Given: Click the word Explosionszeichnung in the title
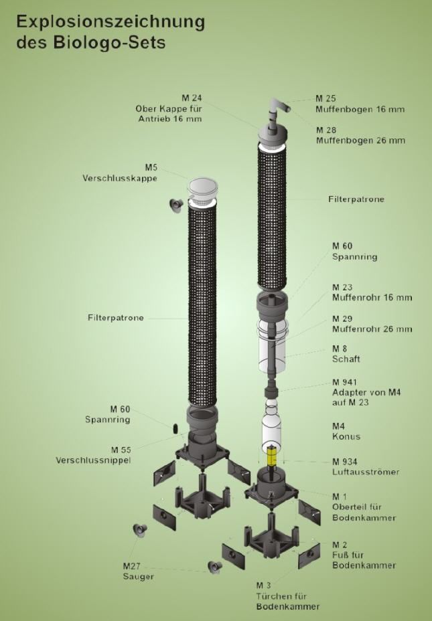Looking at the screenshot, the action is [x=111, y=23].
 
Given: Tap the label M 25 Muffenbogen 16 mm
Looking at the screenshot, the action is [x=360, y=104].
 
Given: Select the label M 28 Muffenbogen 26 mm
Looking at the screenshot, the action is [x=360, y=135].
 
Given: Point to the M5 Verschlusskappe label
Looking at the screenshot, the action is [x=120, y=173].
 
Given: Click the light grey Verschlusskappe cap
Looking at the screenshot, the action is [x=204, y=189].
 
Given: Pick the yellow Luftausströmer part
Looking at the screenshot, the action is [x=273, y=456].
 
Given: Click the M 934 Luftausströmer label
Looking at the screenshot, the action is [x=360, y=466].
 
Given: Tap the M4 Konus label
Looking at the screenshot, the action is [x=346, y=432].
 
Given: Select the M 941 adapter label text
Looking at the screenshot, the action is [x=366, y=392].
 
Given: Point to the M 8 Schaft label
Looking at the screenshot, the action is [x=346, y=354].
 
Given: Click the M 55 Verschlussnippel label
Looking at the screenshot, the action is [x=93, y=454].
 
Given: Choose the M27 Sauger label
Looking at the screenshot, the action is [x=139, y=571].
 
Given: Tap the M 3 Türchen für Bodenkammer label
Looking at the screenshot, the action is [x=287, y=596].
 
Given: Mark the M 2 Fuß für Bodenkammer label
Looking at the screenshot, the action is [x=364, y=555].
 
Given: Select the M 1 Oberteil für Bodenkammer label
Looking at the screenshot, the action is [x=364, y=507].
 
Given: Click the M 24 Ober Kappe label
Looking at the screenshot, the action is [x=168, y=108].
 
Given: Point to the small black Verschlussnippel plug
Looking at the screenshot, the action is [x=175, y=428].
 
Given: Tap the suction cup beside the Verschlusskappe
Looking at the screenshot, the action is [x=175, y=203].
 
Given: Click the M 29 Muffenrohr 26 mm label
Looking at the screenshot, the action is [x=372, y=324].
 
